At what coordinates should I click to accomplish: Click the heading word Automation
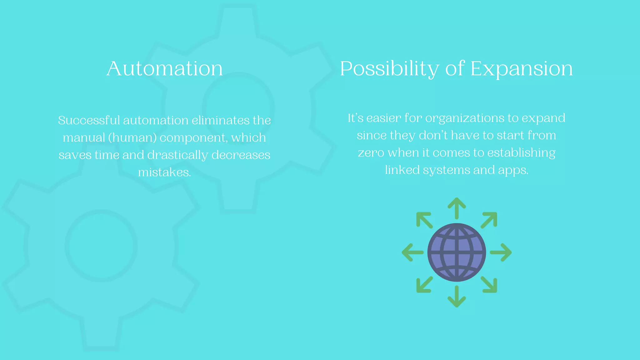click(164, 68)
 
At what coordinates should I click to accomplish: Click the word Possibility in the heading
click(389, 68)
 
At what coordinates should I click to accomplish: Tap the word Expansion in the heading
click(521, 68)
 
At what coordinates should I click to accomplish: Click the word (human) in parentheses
click(132, 138)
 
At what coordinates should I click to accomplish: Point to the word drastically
click(177, 155)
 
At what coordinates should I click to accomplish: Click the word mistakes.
click(164, 172)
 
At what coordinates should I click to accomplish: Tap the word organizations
click(465, 118)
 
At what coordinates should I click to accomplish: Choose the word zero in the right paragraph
click(371, 153)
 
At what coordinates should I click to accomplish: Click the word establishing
click(521, 153)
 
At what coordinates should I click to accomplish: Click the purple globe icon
click(457, 252)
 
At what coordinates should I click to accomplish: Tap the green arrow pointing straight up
click(457, 208)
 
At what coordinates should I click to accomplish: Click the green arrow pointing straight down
click(457, 297)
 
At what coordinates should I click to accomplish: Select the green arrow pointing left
click(412, 252)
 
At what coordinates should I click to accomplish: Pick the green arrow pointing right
click(501, 252)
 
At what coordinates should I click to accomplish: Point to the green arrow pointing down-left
click(424, 285)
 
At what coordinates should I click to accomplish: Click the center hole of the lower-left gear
click(101, 245)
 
